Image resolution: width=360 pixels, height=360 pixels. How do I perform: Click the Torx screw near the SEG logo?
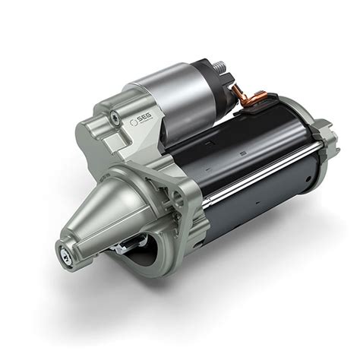coord(114,116)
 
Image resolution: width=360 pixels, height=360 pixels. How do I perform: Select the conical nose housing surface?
coord(114,213)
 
